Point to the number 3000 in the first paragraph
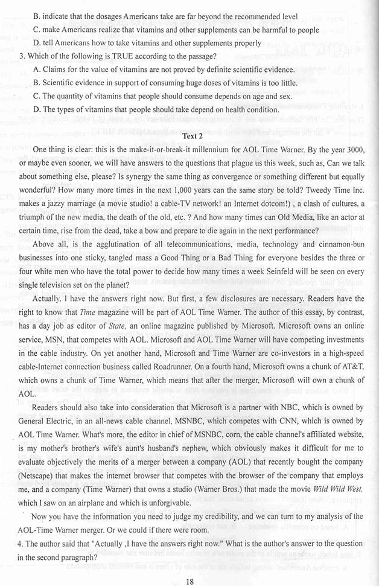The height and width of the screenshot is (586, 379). (351, 149)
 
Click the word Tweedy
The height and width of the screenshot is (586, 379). (320, 190)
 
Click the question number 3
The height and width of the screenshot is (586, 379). (21, 56)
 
